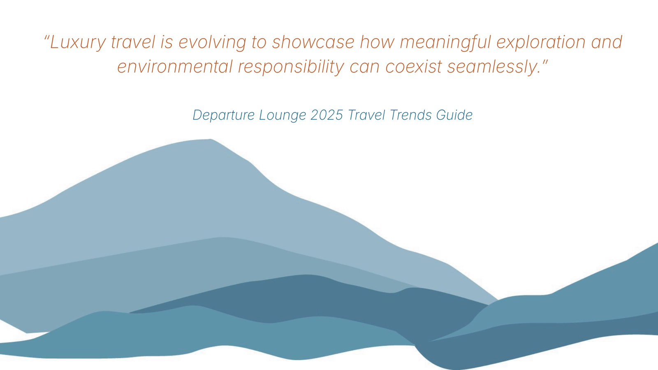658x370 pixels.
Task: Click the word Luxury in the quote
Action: [78, 43]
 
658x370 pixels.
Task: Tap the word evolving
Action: [212, 43]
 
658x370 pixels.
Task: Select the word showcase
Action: [313, 42]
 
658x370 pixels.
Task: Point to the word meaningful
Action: [445, 43]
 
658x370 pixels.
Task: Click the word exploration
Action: [541, 43]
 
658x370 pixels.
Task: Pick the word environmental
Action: [175, 67]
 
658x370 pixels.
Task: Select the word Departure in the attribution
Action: [224, 115]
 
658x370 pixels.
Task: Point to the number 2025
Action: [327, 115]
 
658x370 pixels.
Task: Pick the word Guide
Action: [454, 115]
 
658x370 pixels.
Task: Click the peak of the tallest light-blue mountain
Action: [210, 139]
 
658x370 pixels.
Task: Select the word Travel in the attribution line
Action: [366, 115]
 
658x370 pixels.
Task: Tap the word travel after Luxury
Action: [133, 42]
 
